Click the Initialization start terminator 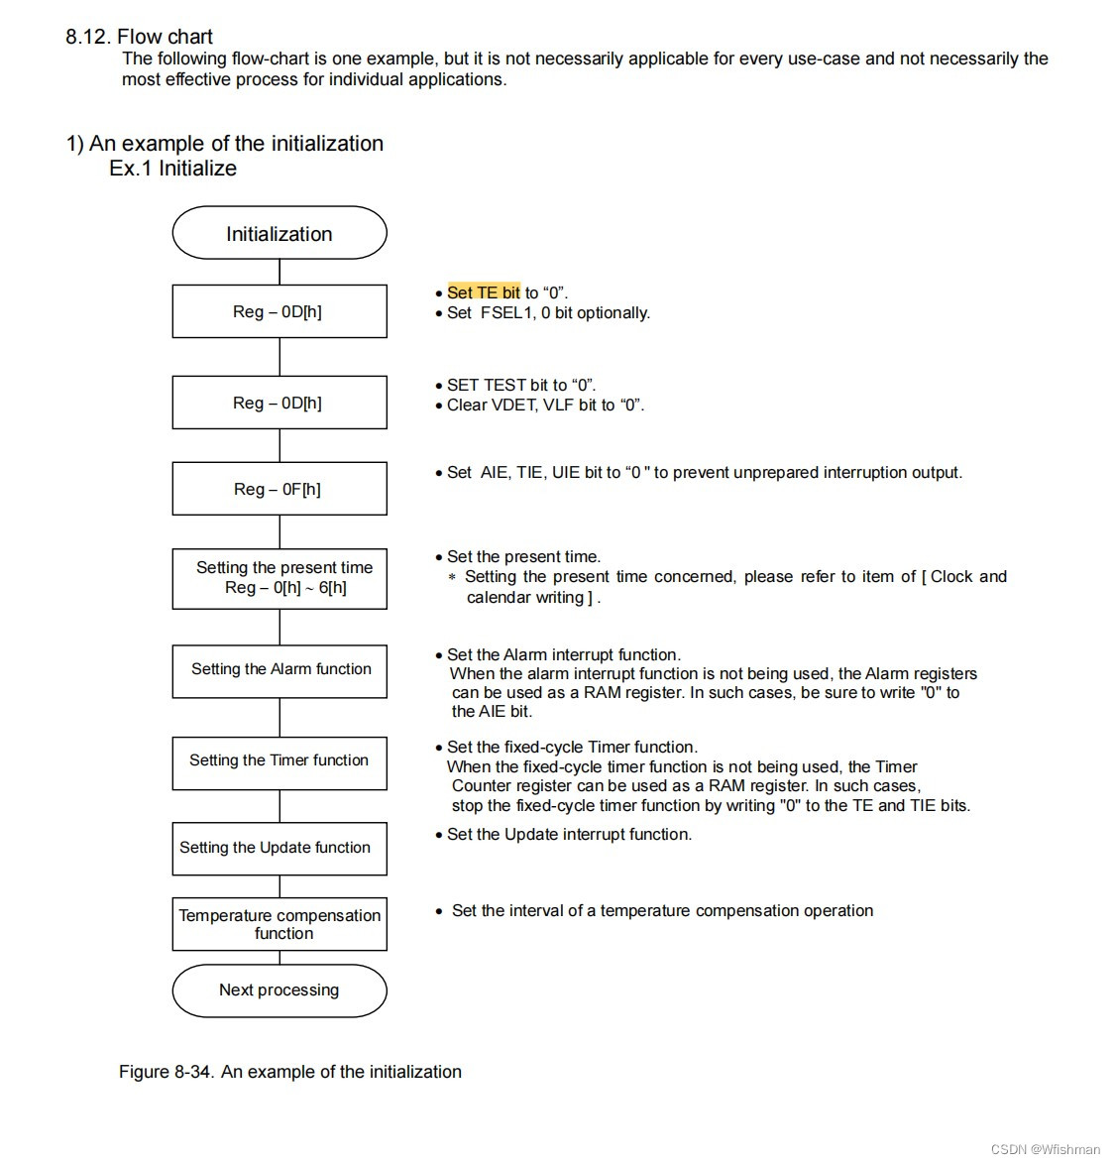click(279, 234)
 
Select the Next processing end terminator click(279, 990)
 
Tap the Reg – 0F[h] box click(279, 489)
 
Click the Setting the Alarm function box click(279, 670)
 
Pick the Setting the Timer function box click(279, 761)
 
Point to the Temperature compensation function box click(279, 924)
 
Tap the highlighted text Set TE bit click(484, 292)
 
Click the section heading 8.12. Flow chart click(139, 37)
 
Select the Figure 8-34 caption click(289, 1072)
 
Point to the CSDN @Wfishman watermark click(1045, 1149)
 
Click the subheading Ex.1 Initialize click(172, 169)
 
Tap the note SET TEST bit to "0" click(521, 385)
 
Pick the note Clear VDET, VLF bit click(545, 405)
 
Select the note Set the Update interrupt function click(569, 835)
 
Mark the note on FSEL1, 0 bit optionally click(548, 313)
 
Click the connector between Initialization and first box click(279, 272)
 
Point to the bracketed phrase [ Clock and click(964, 577)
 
